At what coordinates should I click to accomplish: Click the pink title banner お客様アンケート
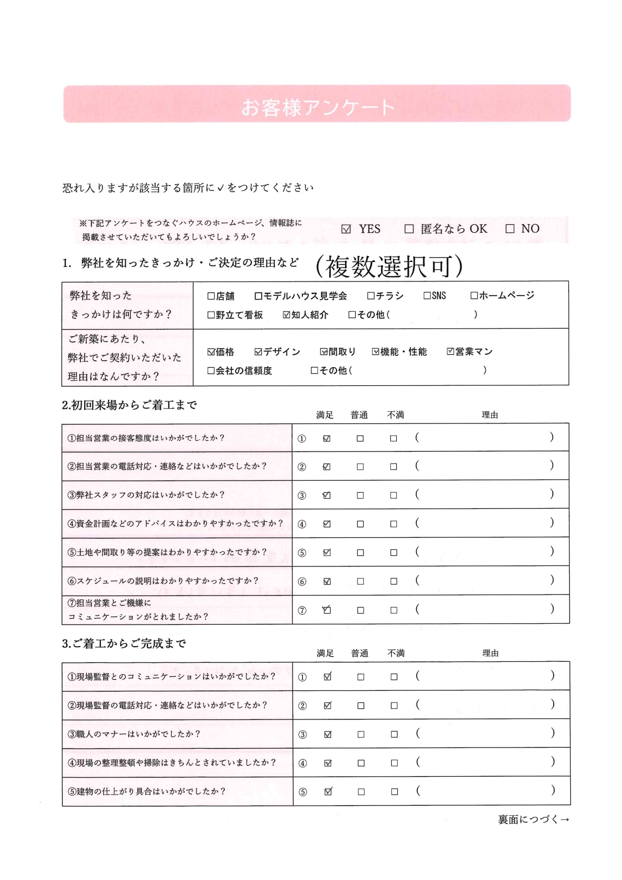click(x=317, y=103)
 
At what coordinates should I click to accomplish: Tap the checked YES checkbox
click(x=346, y=229)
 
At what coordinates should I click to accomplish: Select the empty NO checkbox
click(x=510, y=229)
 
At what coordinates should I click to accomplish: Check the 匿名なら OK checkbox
click(x=409, y=229)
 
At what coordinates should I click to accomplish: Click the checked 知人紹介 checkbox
click(x=286, y=315)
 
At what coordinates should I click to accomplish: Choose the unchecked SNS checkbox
click(x=427, y=296)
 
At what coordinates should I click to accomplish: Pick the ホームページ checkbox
click(x=474, y=296)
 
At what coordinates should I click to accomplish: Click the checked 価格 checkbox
click(x=211, y=352)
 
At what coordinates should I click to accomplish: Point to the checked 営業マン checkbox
click(x=450, y=352)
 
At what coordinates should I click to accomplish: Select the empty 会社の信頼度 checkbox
click(x=211, y=371)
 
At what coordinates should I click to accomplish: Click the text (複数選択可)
click(x=389, y=266)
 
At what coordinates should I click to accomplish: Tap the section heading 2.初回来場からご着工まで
click(x=129, y=405)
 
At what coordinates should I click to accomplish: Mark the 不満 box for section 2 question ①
click(x=394, y=438)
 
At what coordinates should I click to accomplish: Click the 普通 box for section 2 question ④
click(x=360, y=524)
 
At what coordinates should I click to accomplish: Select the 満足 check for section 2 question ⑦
click(x=327, y=611)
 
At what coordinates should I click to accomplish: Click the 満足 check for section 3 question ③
click(x=328, y=735)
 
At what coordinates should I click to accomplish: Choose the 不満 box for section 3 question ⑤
click(x=395, y=792)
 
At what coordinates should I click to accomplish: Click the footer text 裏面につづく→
click(x=533, y=819)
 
